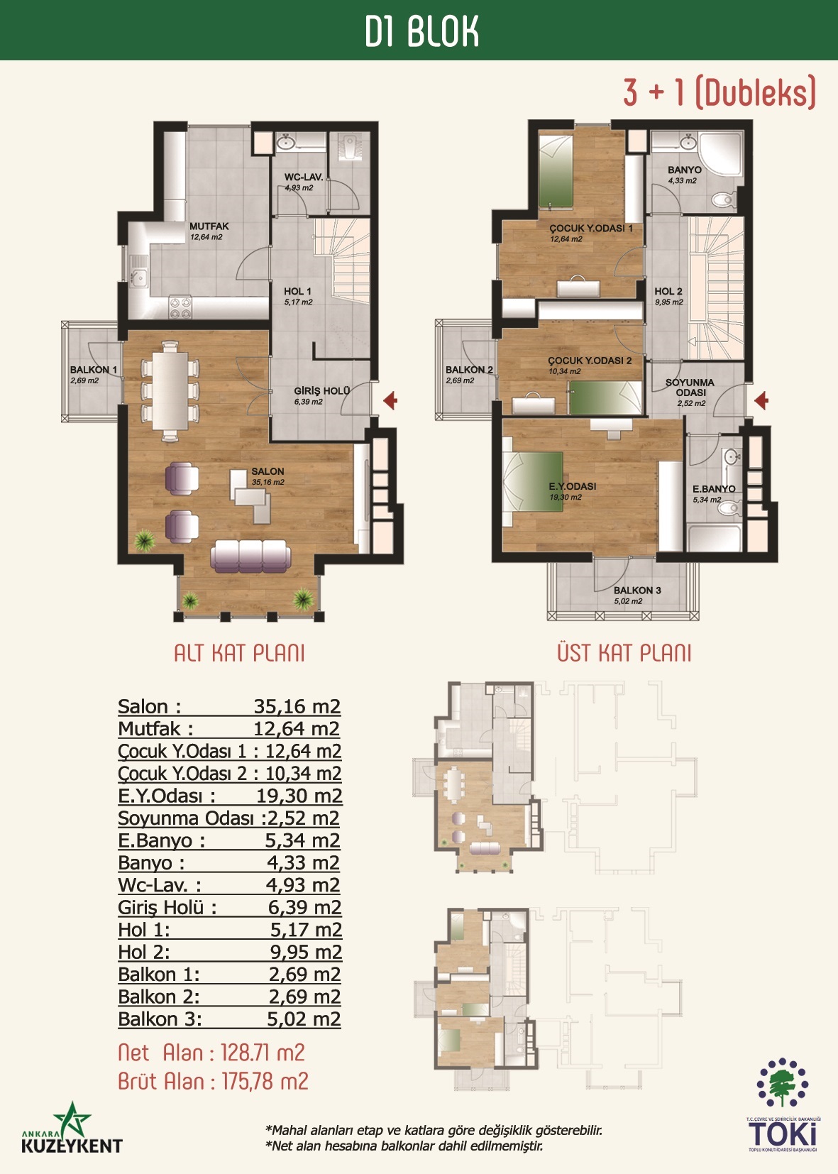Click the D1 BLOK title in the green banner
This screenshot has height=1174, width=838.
(422, 31)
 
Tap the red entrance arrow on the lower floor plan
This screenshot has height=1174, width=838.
(390, 401)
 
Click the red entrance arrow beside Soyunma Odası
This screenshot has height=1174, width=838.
(761, 401)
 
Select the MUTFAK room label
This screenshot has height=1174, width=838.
(209, 226)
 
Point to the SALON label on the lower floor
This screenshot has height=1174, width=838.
(268, 472)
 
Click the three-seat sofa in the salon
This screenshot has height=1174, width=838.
(250, 556)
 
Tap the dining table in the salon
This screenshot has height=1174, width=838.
(170, 390)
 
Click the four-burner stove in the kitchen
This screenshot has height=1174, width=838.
(180, 308)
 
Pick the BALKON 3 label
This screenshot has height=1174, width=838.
(637, 590)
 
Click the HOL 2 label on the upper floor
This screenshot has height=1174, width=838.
(668, 292)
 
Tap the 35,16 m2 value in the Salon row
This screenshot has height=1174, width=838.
(297, 706)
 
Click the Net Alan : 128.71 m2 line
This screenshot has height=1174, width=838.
(211, 1053)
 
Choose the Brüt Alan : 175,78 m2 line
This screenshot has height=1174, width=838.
(214, 1081)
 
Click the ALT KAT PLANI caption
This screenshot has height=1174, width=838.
(240, 654)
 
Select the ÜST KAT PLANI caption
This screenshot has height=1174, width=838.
(624, 654)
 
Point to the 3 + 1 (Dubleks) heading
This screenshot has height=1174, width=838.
(720, 92)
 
